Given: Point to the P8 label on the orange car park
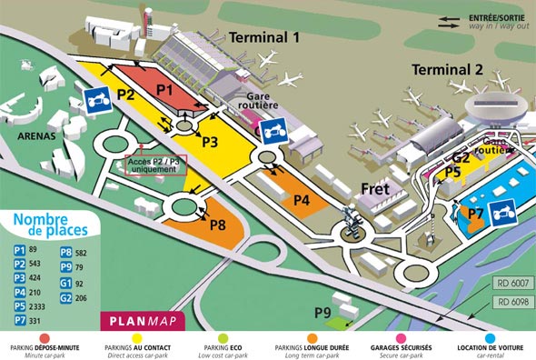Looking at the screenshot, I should tap(218, 225).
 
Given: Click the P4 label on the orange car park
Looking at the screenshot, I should tap(302, 199).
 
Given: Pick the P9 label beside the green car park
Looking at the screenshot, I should tap(323, 313).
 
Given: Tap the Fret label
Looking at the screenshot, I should tap(375, 189).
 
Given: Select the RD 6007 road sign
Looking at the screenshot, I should tap(513, 283).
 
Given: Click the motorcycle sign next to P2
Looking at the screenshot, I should tap(97, 100).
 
